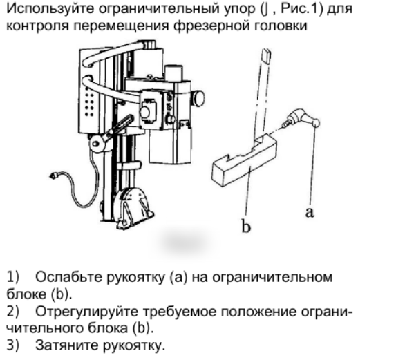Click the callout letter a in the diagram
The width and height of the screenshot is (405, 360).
310,213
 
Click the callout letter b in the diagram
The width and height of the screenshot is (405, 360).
246,226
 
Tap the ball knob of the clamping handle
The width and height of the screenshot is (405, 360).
316,123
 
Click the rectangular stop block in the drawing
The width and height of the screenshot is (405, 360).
245,160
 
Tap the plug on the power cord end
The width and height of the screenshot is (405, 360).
53,176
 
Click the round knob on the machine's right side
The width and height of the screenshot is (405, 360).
199,98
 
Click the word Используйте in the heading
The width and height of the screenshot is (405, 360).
50,9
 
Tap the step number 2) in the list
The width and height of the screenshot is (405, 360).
12,312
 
